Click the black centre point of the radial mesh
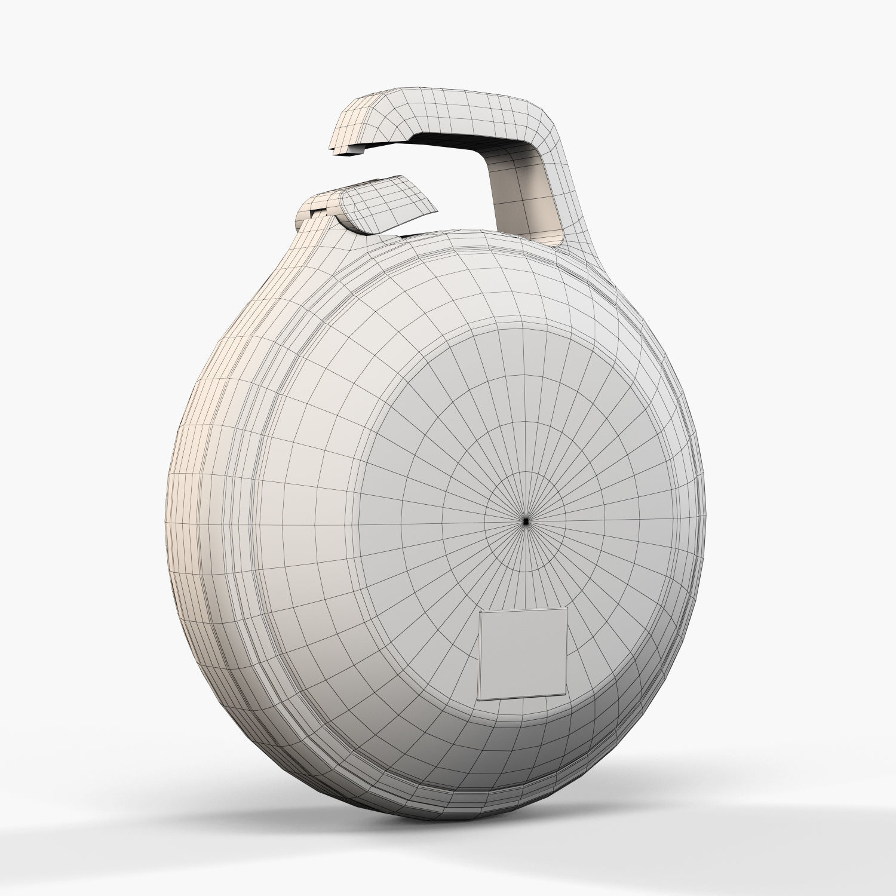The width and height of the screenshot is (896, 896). (525, 521)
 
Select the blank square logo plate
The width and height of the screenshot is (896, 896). (523, 653)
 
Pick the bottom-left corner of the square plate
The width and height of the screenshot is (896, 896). (480, 699)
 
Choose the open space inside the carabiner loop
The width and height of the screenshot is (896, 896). (454, 191)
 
